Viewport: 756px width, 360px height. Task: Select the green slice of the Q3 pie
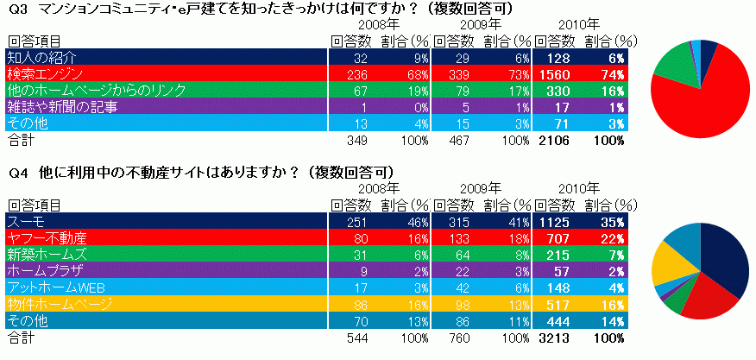pyautogui.click(x=672, y=65)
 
